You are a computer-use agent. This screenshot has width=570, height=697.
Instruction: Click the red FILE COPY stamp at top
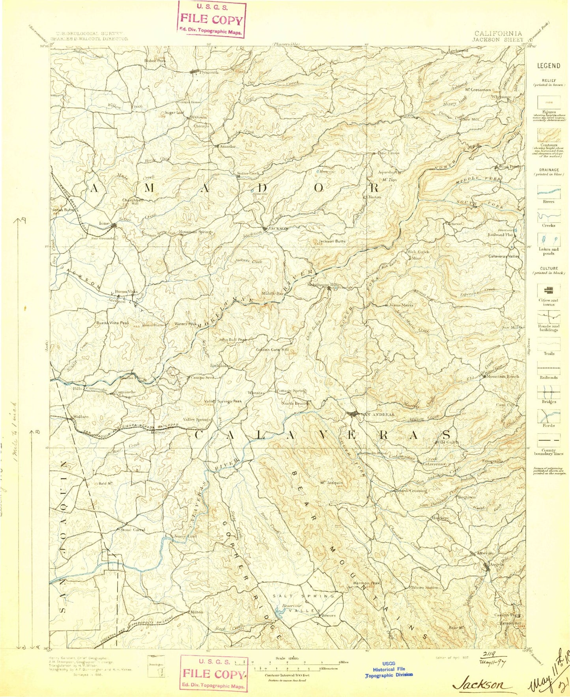pyautogui.click(x=212, y=19)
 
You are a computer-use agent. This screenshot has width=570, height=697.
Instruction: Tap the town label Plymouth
pyautogui.click(x=209, y=73)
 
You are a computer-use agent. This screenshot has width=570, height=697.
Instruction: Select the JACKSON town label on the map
pyautogui.click(x=278, y=228)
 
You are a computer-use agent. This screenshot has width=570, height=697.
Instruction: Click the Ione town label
pyautogui.click(x=104, y=223)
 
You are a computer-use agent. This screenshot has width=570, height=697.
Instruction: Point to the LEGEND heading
pyautogui.click(x=549, y=66)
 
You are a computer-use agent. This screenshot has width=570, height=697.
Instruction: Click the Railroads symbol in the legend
pyautogui.click(x=549, y=368)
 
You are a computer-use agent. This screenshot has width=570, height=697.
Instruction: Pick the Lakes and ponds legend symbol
pyautogui.click(x=549, y=240)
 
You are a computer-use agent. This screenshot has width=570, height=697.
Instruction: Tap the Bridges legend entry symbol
pyautogui.click(x=549, y=392)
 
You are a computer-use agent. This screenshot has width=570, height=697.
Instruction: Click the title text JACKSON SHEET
pyautogui.click(x=497, y=39)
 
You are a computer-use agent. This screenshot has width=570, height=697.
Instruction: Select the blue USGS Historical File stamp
pyautogui.click(x=389, y=669)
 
